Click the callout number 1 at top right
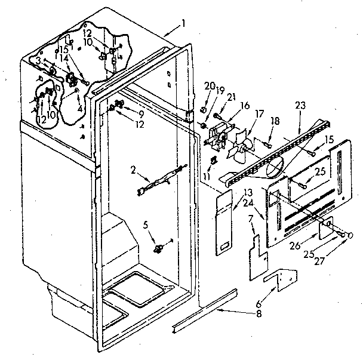tap(183, 23)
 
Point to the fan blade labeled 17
tap(241, 146)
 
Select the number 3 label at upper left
tap(38, 60)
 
